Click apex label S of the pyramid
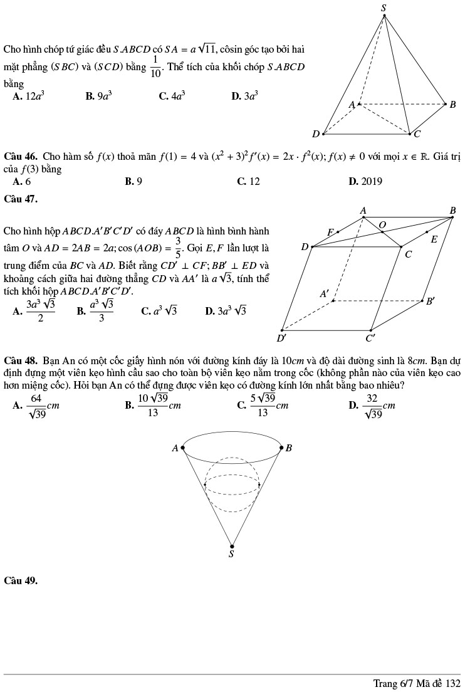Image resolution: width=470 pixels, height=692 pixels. (384, 8)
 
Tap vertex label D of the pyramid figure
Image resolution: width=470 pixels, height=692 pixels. (316, 134)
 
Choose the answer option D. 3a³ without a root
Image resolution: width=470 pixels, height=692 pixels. (244, 96)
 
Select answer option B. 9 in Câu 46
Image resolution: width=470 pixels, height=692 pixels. (133, 182)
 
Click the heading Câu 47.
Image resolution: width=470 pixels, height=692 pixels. (21, 199)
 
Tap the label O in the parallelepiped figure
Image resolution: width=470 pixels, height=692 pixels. (382, 223)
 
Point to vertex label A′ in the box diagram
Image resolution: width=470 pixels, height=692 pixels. (324, 293)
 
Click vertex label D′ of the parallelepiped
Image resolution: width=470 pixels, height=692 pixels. (282, 338)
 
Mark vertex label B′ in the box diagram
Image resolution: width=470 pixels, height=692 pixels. (431, 301)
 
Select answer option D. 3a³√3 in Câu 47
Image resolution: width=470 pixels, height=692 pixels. (226, 310)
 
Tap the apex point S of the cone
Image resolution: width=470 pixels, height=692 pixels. (232, 547)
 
